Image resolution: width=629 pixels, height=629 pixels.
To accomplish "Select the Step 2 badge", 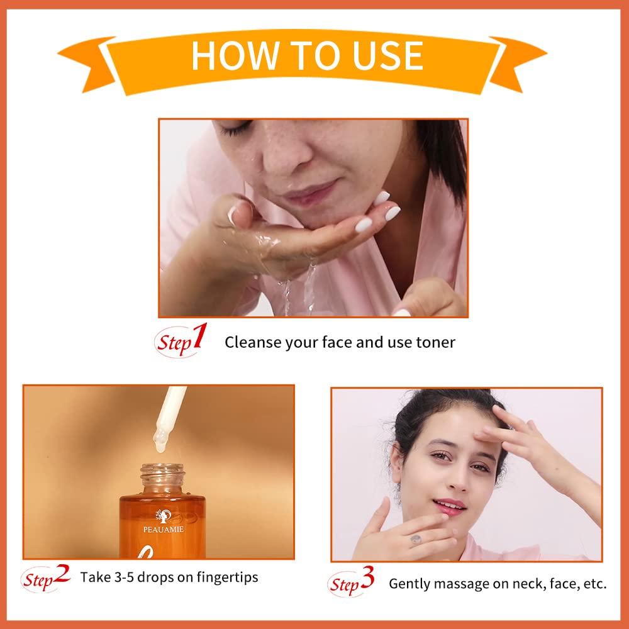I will (47, 577).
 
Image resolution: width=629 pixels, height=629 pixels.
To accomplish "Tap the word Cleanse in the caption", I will (251, 342).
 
